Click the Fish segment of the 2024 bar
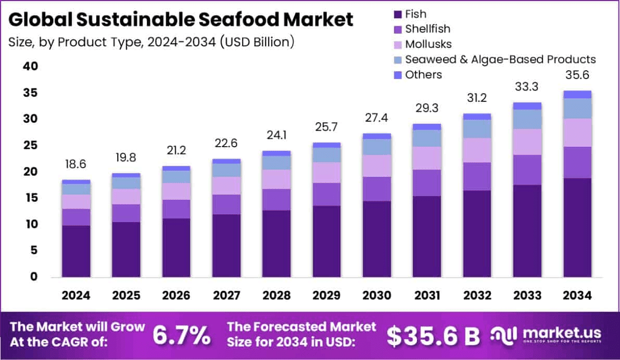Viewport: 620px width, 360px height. click(x=76, y=251)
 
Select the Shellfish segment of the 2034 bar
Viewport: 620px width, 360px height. click(x=577, y=162)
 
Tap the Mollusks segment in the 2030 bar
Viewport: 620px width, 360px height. click(x=376, y=165)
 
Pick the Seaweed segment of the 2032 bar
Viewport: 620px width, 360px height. click(x=477, y=128)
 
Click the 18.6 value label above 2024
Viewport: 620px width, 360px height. click(x=76, y=165)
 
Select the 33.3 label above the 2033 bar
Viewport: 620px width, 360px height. click(x=527, y=87)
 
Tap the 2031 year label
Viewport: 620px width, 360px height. click(x=426, y=295)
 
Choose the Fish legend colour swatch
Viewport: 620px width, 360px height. click(x=398, y=14)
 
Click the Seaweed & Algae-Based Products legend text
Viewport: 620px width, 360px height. click(x=500, y=59)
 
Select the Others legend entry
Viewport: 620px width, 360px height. click(x=423, y=74)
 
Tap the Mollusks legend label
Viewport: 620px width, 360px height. click(x=428, y=44)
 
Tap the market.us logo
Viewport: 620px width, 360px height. click(x=546, y=334)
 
